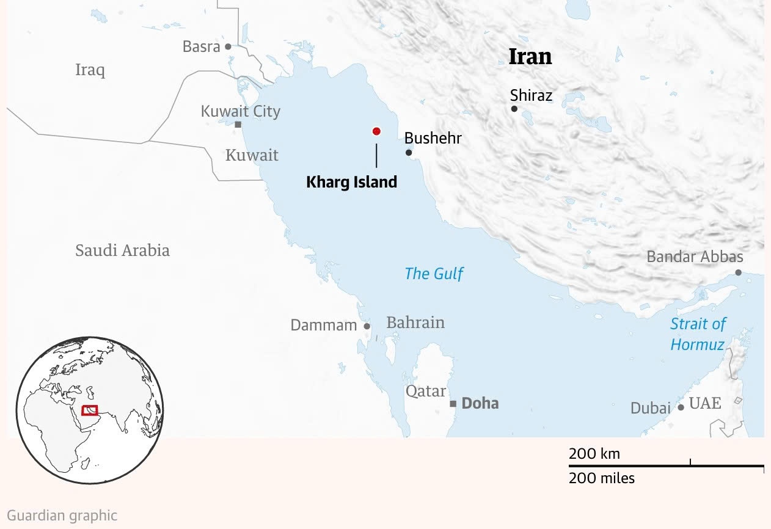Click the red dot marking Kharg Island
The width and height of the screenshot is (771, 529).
(376, 131)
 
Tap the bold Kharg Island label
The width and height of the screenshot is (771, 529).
(351, 182)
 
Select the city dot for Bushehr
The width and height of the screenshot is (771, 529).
(409, 153)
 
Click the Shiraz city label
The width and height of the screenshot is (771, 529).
(531, 95)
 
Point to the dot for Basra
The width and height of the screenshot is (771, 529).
(228, 46)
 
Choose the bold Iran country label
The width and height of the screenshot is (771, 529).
(530, 57)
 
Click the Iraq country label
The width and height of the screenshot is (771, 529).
(90, 70)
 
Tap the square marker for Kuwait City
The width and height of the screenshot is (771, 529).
(238, 125)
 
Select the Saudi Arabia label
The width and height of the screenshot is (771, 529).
(122, 250)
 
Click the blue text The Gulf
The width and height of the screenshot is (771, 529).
(434, 274)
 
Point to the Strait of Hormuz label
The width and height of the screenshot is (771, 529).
(698, 334)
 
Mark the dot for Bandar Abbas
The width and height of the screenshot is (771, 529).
(738, 272)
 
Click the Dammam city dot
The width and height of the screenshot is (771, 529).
(367, 326)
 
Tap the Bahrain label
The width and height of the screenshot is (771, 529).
(415, 323)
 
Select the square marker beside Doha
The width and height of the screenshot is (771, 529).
(453, 404)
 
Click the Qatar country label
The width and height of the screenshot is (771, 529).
(426, 391)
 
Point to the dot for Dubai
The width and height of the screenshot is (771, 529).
(681, 407)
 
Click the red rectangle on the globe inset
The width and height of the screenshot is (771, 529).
(89, 410)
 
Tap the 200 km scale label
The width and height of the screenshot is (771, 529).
(594, 454)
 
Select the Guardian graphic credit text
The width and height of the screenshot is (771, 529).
(62, 516)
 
